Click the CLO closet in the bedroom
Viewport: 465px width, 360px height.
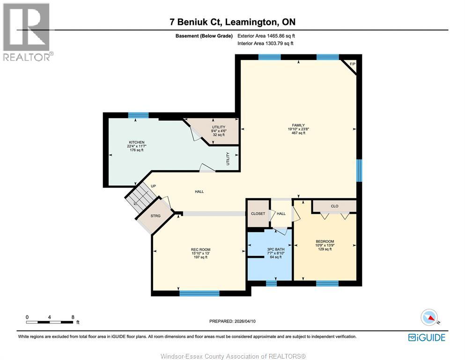coord(334,206)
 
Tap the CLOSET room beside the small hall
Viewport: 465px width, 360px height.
coord(258,214)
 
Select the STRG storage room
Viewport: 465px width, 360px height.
coord(155,216)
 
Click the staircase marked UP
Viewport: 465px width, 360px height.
coord(141,197)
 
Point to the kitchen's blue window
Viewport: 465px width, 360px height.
coord(139,115)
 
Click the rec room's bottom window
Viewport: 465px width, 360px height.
coord(199,293)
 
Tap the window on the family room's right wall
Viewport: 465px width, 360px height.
coord(359,170)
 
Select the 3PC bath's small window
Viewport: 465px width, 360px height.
coord(271,283)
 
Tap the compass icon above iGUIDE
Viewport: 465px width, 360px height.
coord(430,317)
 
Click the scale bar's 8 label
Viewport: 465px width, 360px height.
coord(73,317)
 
